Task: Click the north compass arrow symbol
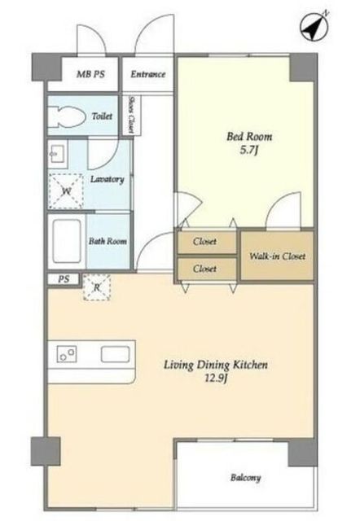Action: (x=314, y=26)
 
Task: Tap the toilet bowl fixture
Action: (x=67, y=116)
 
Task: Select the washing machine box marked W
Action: (x=66, y=191)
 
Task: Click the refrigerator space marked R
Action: (x=97, y=287)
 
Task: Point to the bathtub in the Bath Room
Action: (x=67, y=241)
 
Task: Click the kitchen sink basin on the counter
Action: (x=116, y=354)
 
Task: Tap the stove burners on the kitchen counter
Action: (x=67, y=354)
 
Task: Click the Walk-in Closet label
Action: (x=277, y=256)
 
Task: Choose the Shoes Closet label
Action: (x=131, y=115)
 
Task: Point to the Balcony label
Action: (x=246, y=478)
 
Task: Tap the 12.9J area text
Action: (x=216, y=378)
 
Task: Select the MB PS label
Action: (x=90, y=74)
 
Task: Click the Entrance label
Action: (x=148, y=74)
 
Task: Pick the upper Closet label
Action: (x=204, y=241)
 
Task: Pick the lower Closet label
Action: (x=204, y=268)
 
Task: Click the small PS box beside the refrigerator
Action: (x=64, y=279)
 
